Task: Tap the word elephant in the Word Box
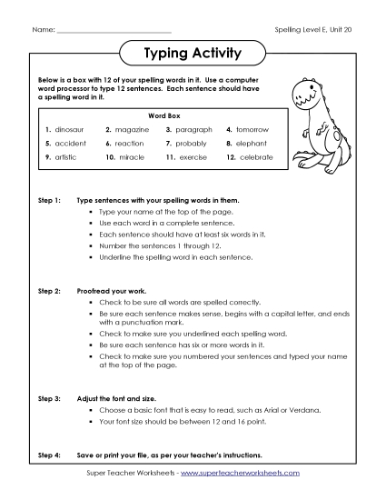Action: pos(253,144)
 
